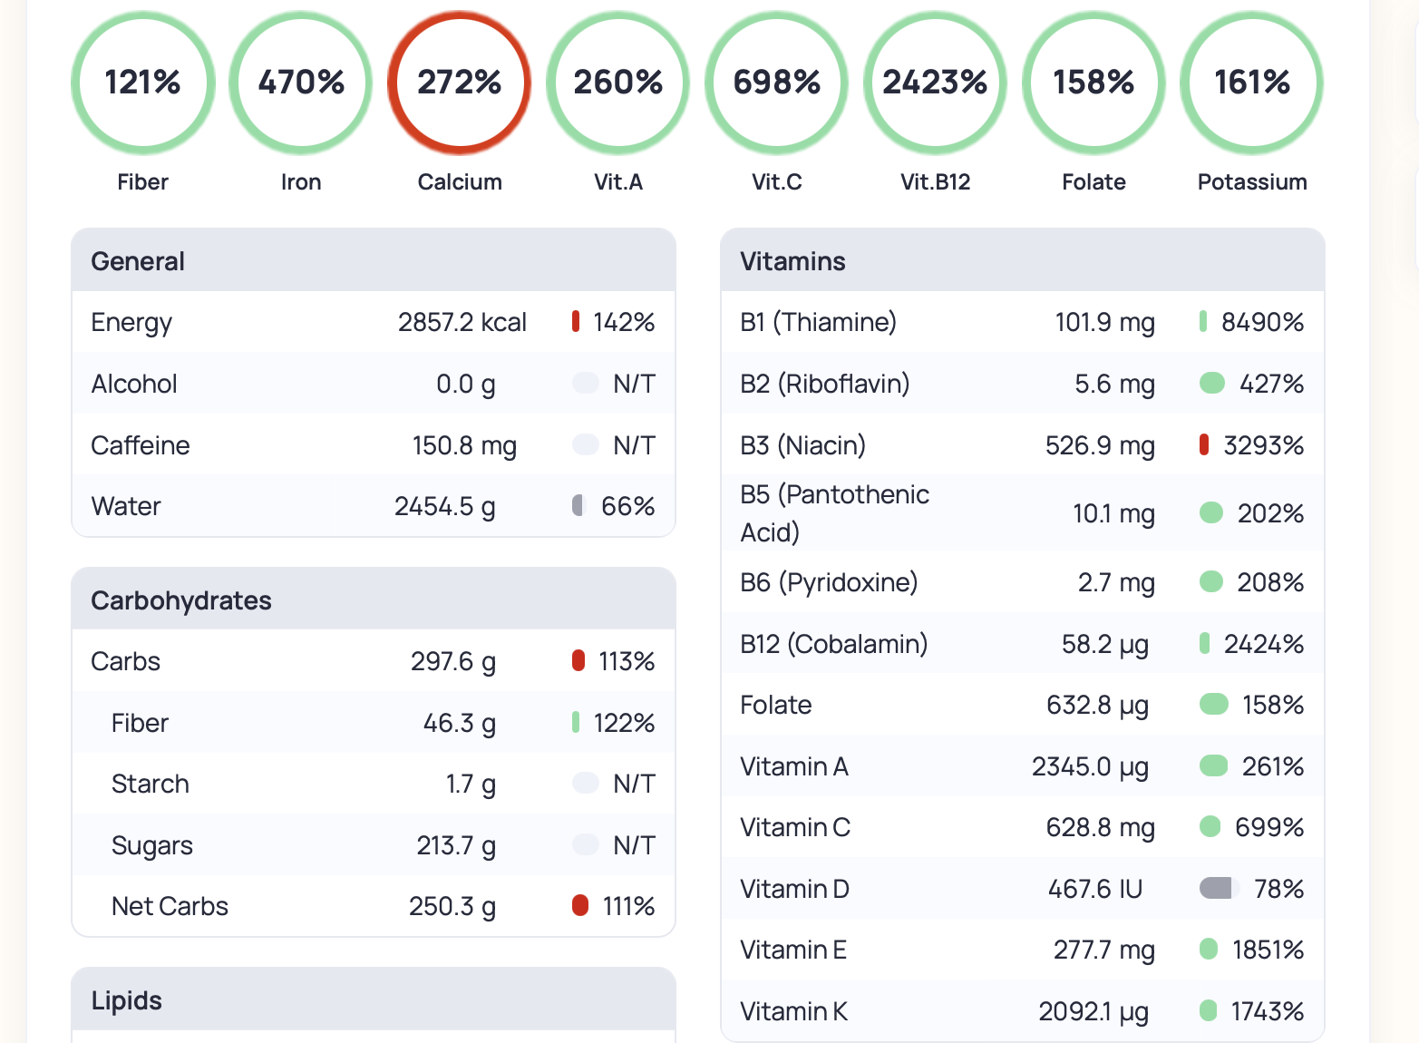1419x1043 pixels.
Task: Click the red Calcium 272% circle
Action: tap(460, 83)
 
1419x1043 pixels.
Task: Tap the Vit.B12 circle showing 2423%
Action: tap(935, 83)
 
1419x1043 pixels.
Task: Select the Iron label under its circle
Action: tap(301, 182)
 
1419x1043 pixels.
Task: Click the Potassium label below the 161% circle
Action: tap(1251, 182)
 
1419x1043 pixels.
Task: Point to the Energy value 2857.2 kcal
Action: tap(462, 323)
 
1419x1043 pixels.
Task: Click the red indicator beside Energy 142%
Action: tap(576, 322)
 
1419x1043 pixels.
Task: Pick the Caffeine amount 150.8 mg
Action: tap(464, 446)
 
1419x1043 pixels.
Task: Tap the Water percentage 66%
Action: tap(627, 506)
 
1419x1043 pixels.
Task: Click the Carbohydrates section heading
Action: tap(181, 600)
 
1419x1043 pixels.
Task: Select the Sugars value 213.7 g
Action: tap(455, 845)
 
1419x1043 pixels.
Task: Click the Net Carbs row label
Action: tap(170, 906)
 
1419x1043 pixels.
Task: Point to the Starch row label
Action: tap(151, 784)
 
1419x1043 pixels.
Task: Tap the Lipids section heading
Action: tap(127, 1000)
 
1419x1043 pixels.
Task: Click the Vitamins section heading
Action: tap(792, 261)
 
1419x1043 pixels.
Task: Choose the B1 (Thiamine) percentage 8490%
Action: tap(1262, 322)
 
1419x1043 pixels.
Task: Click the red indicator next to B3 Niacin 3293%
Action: tap(1204, 445)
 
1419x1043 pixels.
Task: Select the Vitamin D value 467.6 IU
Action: tap(1095, 889)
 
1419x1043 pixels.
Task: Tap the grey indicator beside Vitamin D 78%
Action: tap(1216, 888)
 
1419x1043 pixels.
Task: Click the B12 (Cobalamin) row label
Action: tap(833, 644)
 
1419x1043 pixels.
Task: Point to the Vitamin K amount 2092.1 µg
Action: tap(1093, 1011)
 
